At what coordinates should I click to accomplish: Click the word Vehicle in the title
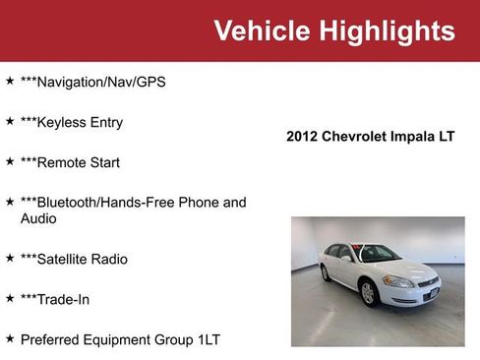(x=262, y=31)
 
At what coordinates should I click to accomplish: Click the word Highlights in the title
(x=386, y=31)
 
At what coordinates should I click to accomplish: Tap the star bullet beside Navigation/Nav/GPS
(x=10, y=82)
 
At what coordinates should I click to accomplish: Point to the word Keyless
(x=64, y=123)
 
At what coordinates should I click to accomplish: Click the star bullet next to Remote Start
(x=10, y=161)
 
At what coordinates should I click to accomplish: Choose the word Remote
(x=64, y=162)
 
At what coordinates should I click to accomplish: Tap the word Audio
(x=38, y=218)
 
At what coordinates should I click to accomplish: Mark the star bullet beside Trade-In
(x=10, y=298)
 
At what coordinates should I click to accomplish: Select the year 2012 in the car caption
(x=302, y=137)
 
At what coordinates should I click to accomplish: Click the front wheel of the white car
(x=368, y=292)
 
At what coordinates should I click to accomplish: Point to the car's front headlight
(x=398, y=281)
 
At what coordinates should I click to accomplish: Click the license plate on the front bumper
(x=430, y=292)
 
